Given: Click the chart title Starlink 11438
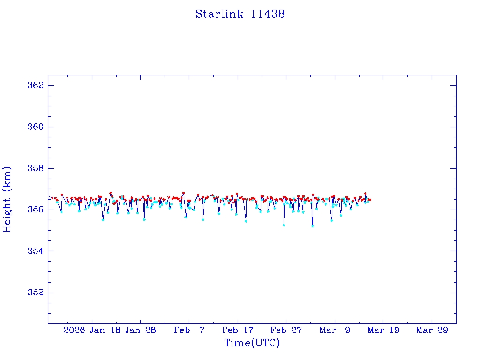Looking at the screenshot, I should (x=240, y=14).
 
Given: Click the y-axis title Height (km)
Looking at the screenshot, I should (x=7, y=199).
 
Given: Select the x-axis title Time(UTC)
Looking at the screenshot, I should (x=252, y=343).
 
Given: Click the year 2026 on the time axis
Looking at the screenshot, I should (x=74, y=330).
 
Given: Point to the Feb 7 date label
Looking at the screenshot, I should (x=189, y=330).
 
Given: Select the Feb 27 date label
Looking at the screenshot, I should (x=286, y=330).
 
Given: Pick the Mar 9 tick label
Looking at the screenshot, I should (x=335, y=330).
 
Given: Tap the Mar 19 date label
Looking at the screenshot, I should (x=383, y=330).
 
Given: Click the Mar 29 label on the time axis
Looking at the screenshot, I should (x=432, y=330).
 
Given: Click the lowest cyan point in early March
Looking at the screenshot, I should (x=313, y=226).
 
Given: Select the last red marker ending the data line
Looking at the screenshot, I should (x=370, y=200).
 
